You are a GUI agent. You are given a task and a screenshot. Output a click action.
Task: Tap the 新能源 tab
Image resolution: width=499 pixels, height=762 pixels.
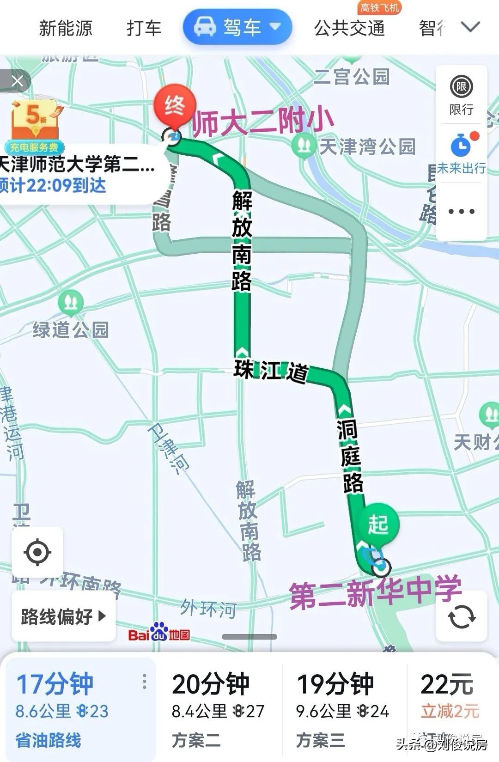point(66,28)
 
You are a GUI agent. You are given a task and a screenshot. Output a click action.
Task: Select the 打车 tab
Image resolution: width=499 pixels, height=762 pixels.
point(144,28)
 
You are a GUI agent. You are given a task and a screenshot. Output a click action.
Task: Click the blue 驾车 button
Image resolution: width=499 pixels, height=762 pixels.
point(237,27)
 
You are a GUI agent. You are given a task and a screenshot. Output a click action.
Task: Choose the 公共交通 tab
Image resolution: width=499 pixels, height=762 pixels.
point(349,28)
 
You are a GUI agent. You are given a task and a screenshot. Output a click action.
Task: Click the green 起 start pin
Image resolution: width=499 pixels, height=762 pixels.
point(378,524)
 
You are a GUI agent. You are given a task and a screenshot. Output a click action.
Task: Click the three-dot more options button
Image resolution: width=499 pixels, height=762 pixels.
point(461,212)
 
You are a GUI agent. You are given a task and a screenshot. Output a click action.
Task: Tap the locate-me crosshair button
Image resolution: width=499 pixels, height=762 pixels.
point(37,552)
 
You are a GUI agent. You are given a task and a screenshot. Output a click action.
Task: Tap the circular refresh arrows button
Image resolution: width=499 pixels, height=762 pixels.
point(461,616)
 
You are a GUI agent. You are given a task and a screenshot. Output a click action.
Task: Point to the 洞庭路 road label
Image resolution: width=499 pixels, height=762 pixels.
point(351,456)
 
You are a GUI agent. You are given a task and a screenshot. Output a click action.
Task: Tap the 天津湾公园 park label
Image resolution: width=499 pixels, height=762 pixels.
point(367,147)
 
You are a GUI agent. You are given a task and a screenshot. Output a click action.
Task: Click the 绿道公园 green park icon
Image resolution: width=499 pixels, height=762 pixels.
point(71,303)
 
